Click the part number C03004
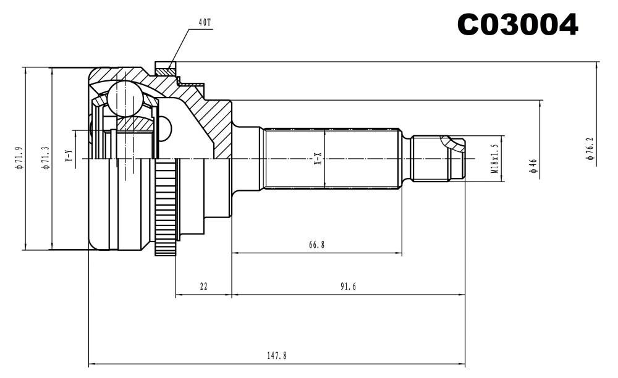click(517, 25)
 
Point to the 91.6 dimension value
click(348, 286)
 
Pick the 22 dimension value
click(203, 286)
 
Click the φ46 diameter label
click(533, 165)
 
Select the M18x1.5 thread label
click(494, 158)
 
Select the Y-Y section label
click(69, 157)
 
